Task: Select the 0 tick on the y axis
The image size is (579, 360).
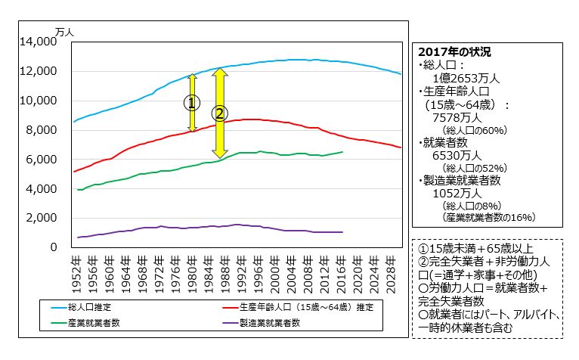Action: tap(54, 247)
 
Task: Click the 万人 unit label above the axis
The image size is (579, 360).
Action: tap(64, 33)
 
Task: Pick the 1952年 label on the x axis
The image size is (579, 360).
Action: tap(75, 271)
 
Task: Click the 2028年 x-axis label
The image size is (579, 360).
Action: tap(391, 271)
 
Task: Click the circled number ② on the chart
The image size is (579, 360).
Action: tap(219, 113)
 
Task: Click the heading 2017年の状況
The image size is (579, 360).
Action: tap(454, 52)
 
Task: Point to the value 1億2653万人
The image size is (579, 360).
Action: tap(465, 78)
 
